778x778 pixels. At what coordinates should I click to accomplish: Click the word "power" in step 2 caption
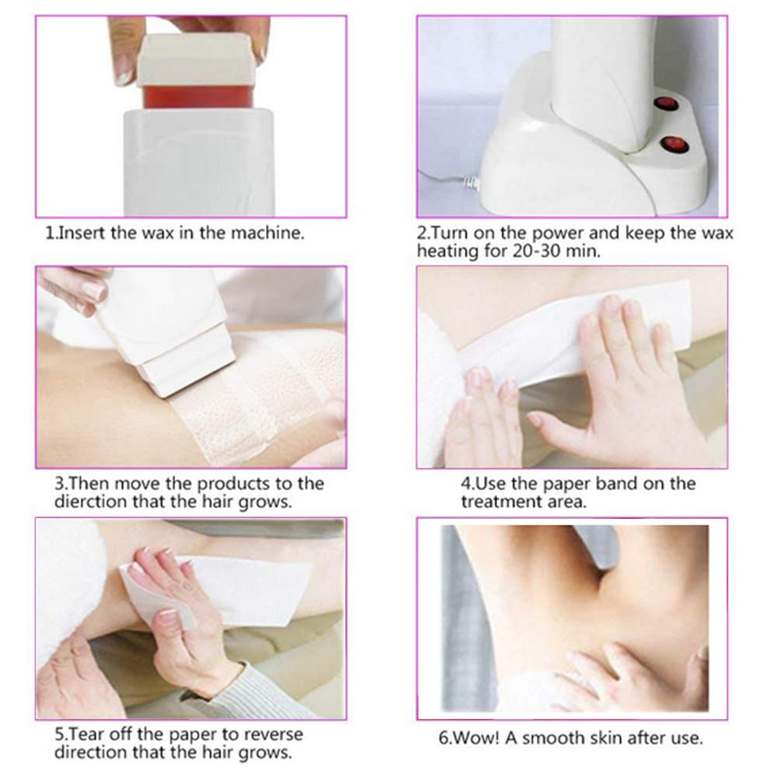point(555,233)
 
